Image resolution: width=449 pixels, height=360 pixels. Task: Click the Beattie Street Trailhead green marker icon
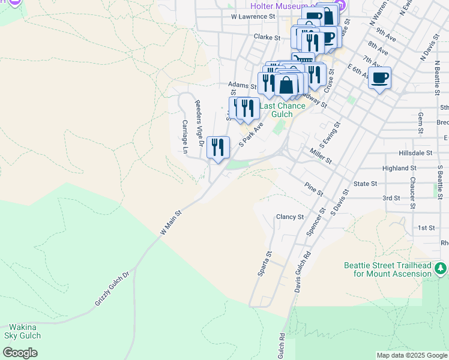[441, 268]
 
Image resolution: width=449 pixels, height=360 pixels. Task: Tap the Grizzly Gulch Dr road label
[112, 290]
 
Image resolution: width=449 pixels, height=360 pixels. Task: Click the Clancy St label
[290, 217]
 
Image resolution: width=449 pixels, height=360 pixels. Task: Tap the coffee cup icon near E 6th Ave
[379, 78]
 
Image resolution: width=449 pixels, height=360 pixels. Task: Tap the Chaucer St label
[412, 193]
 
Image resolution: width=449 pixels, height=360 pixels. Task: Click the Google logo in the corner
[20, 353]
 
